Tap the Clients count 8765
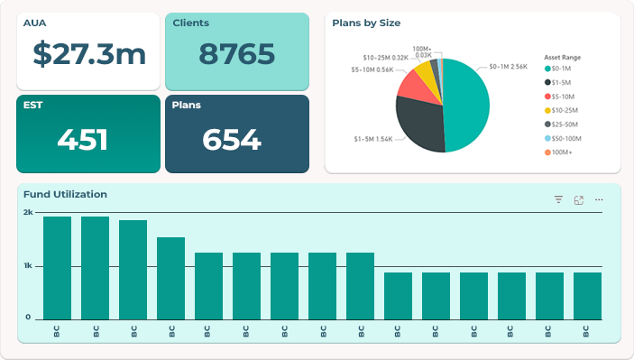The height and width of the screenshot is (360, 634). coord(237,54)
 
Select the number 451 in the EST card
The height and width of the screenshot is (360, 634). coord(82,139)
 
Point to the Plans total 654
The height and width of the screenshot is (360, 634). coord(231,139)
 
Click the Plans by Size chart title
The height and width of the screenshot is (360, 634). coord(366,23)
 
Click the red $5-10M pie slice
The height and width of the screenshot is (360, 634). coord(413,88)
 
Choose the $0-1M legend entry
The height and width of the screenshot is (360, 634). coord(559,68)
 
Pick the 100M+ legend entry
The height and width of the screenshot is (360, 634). coord(561,152)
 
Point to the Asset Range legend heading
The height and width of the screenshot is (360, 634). coord(562,57)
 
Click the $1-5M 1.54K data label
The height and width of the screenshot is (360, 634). coord(373,139)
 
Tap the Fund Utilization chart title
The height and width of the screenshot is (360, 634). coord(65,194)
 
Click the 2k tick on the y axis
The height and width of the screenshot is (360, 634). coord(28,212)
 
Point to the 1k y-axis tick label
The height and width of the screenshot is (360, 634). coord(28,266)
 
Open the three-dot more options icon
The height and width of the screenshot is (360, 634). coord(599,200)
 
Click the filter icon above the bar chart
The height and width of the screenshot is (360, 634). coord(558,200)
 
